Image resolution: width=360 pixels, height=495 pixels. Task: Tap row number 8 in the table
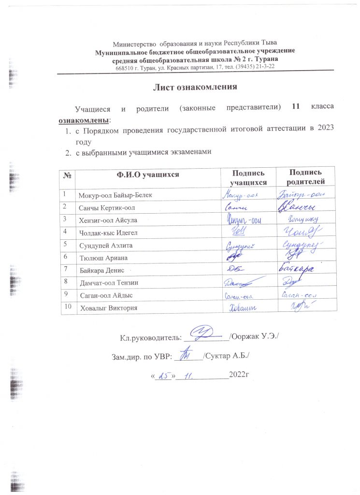[65, 280]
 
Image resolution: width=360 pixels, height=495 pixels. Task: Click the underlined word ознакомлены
[84, 118]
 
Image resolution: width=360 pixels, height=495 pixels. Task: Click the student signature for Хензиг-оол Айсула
[244, 220]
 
